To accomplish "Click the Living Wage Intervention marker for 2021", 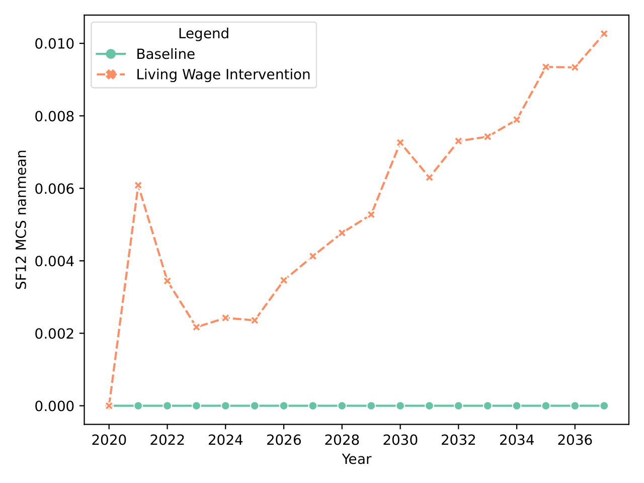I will click(x=138, y=185).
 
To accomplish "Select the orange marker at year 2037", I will click(x=604, y=34).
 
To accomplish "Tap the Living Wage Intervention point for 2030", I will click(x=400, y=143).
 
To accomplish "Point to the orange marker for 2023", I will click(x=196, y=328).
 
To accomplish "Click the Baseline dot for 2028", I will click(x=342, y=406).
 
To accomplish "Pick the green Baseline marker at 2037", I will click(x=604, y=406).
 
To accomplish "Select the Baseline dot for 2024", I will click(x=225, y=406).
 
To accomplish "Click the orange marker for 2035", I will click(x=545, y=67).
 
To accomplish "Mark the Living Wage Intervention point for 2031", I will click(x=429, y=178).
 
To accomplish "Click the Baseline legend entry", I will click(x=165, y=54).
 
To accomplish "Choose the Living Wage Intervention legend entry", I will click(x=223, y=74).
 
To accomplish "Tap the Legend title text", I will click(x=203, y=34).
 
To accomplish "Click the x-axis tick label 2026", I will click(x=284, y=440).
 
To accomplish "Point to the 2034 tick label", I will click(x=517, y=440).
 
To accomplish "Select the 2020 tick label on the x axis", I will click(x=109, y=440).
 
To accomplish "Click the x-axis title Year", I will click(x=356, y=459).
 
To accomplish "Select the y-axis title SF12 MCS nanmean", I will click(x=21, y=220).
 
